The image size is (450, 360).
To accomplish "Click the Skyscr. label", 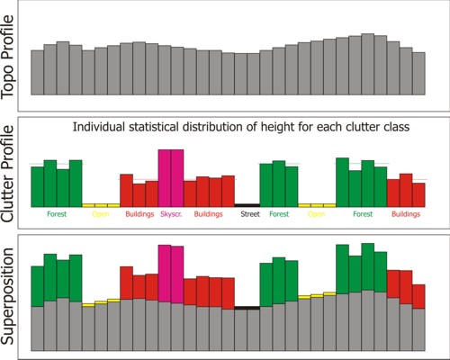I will (170, 215).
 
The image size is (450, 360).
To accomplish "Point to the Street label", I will (247, 215).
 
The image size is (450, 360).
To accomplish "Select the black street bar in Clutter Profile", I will (247, 205).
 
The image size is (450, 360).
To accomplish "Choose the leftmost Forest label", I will (56, 215).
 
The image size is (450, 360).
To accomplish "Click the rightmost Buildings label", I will (406, 215).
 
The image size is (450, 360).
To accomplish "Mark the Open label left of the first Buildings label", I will (101, 215).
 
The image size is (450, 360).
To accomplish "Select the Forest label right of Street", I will (279, 215).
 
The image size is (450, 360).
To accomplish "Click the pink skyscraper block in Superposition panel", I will (170, 270).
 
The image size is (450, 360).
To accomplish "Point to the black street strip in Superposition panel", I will (247, 308).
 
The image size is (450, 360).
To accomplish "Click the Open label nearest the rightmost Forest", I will (316, 215).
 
